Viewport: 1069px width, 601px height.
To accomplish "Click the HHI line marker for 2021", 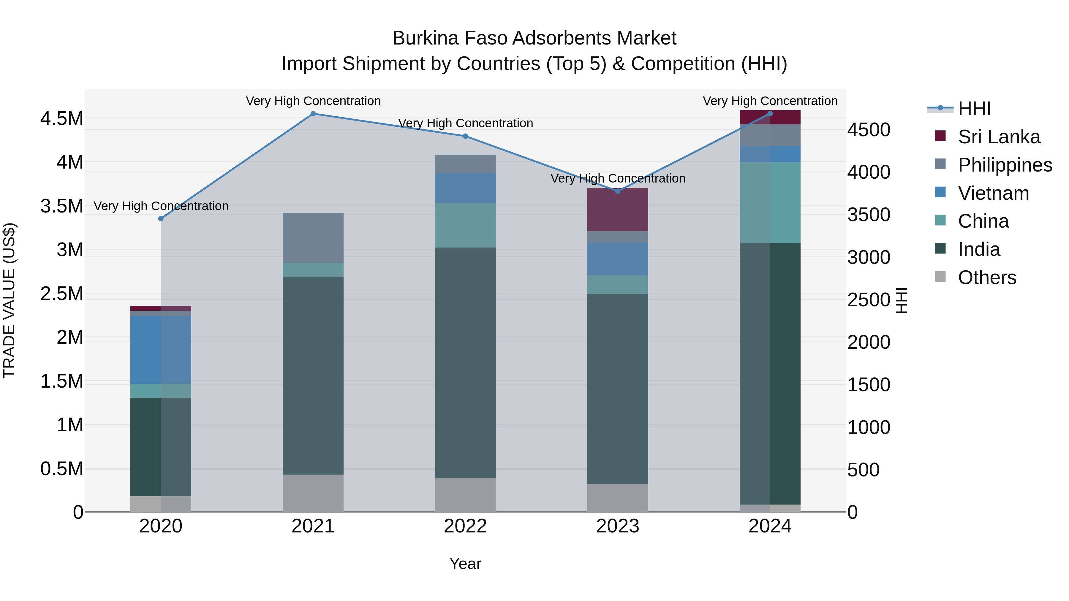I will [x=313, y=114].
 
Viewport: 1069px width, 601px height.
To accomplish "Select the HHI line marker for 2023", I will [x=618, y=191].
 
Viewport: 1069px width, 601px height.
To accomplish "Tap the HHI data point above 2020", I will [x=161, y=218].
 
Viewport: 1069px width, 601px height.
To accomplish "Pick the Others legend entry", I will [x=986, y=277].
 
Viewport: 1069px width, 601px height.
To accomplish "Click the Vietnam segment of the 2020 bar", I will [x=161, y=349].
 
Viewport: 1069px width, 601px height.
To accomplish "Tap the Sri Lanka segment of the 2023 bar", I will [x=618, y=210].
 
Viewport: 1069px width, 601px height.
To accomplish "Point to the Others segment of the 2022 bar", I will [x=465, y=494].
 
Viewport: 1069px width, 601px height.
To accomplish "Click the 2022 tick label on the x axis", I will [x=465, y=526].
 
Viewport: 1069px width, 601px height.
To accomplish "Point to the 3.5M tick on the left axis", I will [x=61, y=206].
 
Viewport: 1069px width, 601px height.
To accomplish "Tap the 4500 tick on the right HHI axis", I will [x=869, y=130].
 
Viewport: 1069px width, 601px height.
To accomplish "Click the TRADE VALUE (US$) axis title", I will [x=9, y=300].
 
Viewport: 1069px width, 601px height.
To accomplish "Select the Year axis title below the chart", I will [x=465, y=564].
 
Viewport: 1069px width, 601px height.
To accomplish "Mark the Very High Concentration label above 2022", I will [x=465, y=123].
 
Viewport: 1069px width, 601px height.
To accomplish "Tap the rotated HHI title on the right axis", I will [x=901, y=300].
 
